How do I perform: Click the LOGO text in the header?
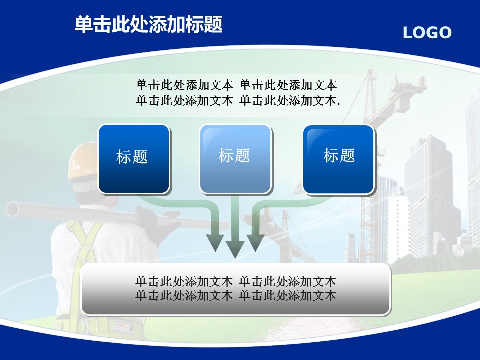tap(427, 32)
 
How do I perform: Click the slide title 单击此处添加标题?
tap(148, 24)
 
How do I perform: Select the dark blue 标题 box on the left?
tap(134, 159)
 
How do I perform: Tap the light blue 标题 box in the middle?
tap(235, 159)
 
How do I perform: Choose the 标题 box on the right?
tap(339, 159)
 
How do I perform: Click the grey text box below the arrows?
tap(236, 289)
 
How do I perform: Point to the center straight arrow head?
tap(235, 249)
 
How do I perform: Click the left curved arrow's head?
tap(216, 243)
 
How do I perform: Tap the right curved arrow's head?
tap(256, 243)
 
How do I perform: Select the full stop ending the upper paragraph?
tap(338, 104)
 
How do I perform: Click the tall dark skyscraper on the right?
tap(432, 196)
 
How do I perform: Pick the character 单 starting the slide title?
tap(83, 24)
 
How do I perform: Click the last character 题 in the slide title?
tap(213, 24)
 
